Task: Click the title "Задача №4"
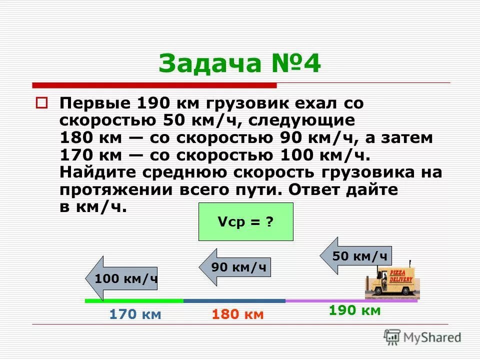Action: click(239, 64)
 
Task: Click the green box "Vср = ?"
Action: click(245, 222)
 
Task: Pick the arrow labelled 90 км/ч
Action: click(235, 267)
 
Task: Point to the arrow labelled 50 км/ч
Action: click(356, 256)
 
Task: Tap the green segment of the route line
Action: click(134, 301)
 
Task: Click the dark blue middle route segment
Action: click(234, 301)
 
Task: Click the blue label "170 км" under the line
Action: click(135, 314)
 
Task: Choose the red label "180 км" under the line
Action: click(237, 314)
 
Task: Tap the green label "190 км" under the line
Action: click(355, 310)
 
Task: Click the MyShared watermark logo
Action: click(422, 336)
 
